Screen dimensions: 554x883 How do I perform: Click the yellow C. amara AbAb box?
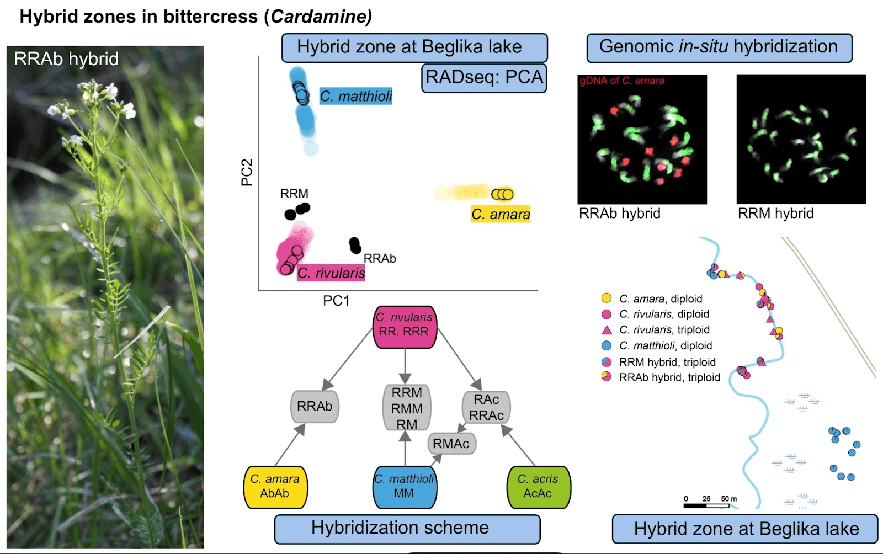click(275, 487)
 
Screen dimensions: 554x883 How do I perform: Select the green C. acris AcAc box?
click(538, 487)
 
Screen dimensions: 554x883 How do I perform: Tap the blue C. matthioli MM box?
click(405, 487)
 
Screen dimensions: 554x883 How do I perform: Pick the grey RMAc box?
click(451, 444)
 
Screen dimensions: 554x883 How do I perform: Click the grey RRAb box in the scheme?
click(315, 406)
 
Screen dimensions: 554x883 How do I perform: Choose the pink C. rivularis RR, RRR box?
click(405, 327)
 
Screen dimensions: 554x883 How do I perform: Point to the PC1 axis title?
click(336, 301)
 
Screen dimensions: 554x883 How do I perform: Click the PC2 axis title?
click(247, 172)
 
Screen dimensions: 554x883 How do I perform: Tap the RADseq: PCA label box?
click(484, 78)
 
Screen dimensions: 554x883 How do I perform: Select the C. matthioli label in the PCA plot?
click(356, 97)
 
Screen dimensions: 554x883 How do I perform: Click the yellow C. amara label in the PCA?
click(501, 214)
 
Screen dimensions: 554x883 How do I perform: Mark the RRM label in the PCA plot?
click(294, 194)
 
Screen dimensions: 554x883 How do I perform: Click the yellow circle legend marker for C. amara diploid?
click(607, 299)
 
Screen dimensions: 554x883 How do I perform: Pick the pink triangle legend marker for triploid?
click(607, 330)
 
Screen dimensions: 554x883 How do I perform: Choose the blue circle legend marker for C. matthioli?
click(607, 346)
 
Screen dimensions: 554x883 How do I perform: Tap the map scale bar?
click(706, 504)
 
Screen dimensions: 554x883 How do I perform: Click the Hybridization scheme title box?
click(407, 529)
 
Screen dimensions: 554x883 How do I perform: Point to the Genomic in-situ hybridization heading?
click(719, 47)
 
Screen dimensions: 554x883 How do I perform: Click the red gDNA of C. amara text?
click(621, 81)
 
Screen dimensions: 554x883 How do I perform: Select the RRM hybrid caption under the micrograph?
click(775, 214)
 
